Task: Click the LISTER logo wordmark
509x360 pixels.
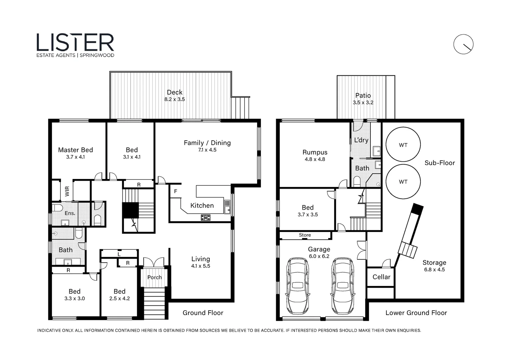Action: coord(75,43)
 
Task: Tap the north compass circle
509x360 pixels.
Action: coord(463,35)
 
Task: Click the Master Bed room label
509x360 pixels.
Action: coord(75,150)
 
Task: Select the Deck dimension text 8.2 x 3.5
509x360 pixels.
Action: coord(175,99)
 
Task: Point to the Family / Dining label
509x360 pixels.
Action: coord(207,143)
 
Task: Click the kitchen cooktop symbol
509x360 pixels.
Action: coord(206,218)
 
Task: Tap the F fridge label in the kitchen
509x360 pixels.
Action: coord(176,191)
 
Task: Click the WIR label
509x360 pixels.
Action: coord(67,191)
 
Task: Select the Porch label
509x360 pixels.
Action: coord(155,277)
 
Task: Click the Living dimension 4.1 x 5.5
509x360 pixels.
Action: coord(201,266)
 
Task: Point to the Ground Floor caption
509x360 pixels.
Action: coord(203,313)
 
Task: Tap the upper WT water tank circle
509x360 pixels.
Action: coord(403,127)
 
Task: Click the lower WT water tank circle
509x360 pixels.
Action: coord(403,164)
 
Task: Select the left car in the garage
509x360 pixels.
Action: coord(297,286)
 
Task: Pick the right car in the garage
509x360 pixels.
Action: coord(342,286)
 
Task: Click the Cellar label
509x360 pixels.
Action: coord(381,277)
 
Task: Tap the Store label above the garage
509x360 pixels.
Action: coord(305,235)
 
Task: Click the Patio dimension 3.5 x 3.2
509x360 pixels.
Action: coord(363,103)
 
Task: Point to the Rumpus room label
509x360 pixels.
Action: coord(315,152)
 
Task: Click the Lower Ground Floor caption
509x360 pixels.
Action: coord(416,313)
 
